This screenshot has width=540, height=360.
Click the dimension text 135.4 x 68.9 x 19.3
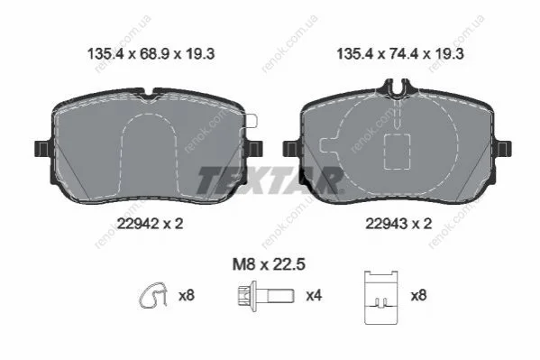[151, 54]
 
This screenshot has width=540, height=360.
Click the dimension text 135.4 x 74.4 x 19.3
[400, 54]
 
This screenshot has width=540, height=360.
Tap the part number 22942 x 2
[151, 224]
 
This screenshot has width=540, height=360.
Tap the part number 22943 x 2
[398, 224]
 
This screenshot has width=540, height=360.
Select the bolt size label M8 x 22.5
[269, 264]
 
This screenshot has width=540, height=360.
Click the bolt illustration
[266, 296]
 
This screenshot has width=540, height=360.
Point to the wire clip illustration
[153, 296]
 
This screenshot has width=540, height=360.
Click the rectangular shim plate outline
[381, 298]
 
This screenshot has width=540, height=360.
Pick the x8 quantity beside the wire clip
[187, 296]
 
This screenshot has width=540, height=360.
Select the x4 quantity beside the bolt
[314, 296]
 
